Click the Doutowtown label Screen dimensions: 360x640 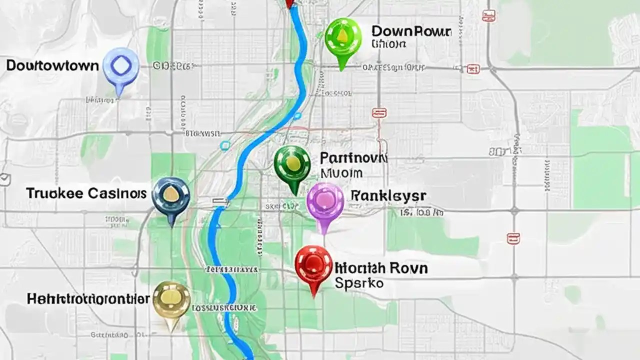pos(52,65)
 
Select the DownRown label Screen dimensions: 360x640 pos(411,31)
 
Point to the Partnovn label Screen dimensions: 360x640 pos(353,158)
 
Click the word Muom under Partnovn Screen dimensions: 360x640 pos(341,173)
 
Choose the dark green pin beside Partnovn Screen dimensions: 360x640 pos(292,164)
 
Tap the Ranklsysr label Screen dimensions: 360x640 pos(388,195)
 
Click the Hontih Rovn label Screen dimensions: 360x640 pos(381,268)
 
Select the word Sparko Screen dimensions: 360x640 pos(358,283)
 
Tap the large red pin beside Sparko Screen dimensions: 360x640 pos(313,265)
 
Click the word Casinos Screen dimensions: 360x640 pos(116,193)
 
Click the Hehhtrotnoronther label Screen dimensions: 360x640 pos(88,299)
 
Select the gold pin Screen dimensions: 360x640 pos(171,300)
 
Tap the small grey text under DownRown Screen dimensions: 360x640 pos(388,44)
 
